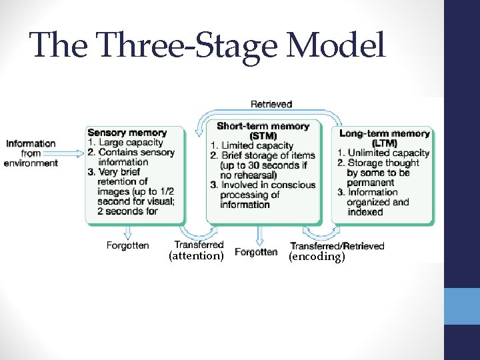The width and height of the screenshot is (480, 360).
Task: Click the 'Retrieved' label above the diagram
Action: (x=271, y=104)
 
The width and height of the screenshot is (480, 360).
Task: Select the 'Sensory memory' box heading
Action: (x=127, y=133)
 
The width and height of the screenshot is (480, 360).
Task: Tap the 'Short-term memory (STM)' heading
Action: (x=263, y=131)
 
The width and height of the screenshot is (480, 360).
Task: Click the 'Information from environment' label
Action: (x=31, y=153)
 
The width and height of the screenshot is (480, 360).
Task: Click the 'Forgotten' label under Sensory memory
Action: (x=127, y=245)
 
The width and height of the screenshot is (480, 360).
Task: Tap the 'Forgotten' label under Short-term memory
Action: (x=256, y=252)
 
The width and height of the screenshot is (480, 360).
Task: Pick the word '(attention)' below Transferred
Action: (x=195, y=256)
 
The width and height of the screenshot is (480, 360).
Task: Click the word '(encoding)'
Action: (x=317, y=256)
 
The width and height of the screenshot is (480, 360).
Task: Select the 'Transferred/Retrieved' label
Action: (x=337, y=246)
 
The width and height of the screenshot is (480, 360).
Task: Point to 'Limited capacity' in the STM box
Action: (x=255, y=145)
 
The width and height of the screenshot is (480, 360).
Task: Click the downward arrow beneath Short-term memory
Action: (x=261, y=234)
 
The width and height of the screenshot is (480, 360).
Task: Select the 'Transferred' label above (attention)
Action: (x=199, y=245)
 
